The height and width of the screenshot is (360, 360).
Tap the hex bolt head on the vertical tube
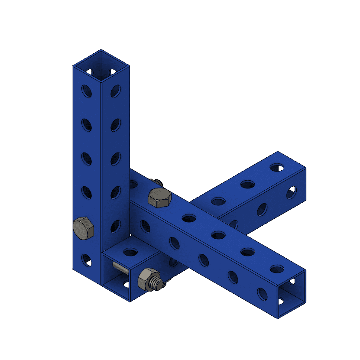[x=83, y=228]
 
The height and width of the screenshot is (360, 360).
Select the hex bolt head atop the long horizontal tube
[x=159, y=198]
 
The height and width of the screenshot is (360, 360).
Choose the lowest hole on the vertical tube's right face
[x=116, y=226]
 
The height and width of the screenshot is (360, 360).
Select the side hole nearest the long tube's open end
[x=262, y=293]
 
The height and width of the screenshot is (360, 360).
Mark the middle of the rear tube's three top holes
[x=247, y=185]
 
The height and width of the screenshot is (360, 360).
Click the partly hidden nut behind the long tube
[x=156, y=182]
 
